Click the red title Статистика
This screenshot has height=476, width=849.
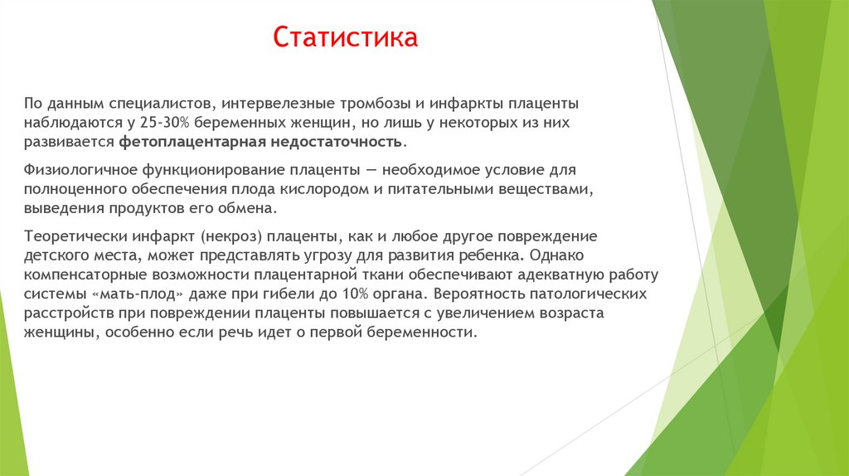click(346, 38)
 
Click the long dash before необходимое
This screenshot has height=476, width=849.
click(370, 170)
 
